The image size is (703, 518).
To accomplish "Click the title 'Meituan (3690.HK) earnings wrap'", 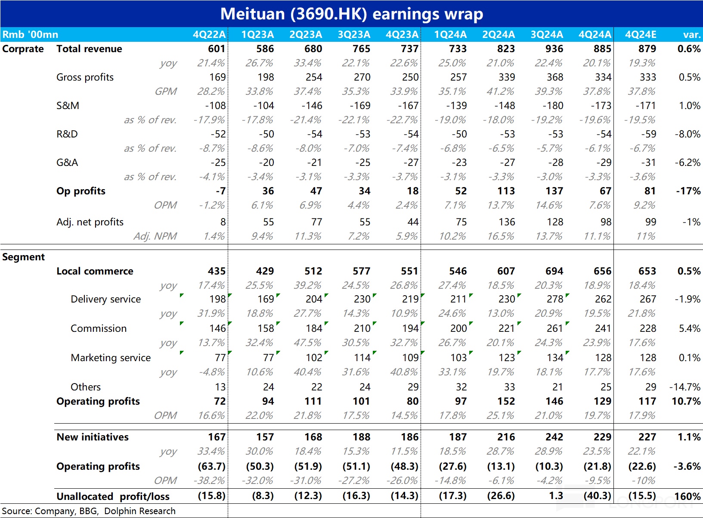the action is click(351, 14).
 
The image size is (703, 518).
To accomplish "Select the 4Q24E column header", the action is click(640, 34).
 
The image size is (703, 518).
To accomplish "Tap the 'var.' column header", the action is click(692, 34).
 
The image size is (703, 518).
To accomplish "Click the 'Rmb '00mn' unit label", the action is click(30, 34).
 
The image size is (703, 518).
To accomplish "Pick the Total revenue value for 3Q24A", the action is click(554, 49).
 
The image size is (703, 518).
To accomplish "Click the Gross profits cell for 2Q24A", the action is click(507, 77).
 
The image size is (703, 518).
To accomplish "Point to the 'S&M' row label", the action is click(68, 106).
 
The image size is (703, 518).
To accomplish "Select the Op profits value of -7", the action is click(220, 191).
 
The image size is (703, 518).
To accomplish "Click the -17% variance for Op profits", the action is click(688, 191).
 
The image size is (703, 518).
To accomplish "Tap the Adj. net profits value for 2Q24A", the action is click(507, 222).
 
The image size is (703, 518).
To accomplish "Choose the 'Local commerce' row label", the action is click(95, 271).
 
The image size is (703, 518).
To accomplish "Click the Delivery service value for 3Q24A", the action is click(555, 299).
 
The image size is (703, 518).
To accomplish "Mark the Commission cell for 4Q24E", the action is click(648, 328).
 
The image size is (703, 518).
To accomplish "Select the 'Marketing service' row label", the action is click(111, 358).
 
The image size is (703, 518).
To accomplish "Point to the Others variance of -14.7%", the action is click(685, 387).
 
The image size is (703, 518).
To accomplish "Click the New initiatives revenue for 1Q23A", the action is click(265, 437).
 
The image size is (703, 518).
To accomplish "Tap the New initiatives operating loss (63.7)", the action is click(211, 466).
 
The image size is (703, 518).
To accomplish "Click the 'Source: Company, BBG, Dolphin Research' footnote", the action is click(89, 511).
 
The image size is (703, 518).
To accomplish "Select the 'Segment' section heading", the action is click(24, 257).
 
